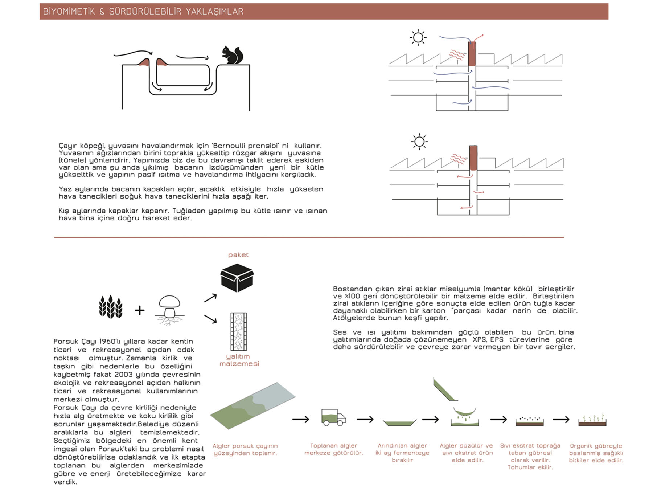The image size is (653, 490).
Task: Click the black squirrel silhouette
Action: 232,55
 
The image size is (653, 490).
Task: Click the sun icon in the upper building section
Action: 418,37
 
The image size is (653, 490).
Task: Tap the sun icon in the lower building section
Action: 419,142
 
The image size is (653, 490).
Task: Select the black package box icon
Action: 237,278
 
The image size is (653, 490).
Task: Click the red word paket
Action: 238,255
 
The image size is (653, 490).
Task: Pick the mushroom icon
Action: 169,309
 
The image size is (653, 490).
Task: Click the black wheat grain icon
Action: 111,307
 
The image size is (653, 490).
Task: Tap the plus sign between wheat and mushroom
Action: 140,310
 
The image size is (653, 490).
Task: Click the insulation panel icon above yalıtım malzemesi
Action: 238,331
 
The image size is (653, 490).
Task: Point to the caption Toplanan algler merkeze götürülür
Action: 333,449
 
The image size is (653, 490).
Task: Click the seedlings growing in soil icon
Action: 592,420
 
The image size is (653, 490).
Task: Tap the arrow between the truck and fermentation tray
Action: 365,420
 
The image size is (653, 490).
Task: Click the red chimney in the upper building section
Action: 472,54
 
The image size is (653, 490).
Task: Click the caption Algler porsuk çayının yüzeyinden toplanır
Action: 245,449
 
